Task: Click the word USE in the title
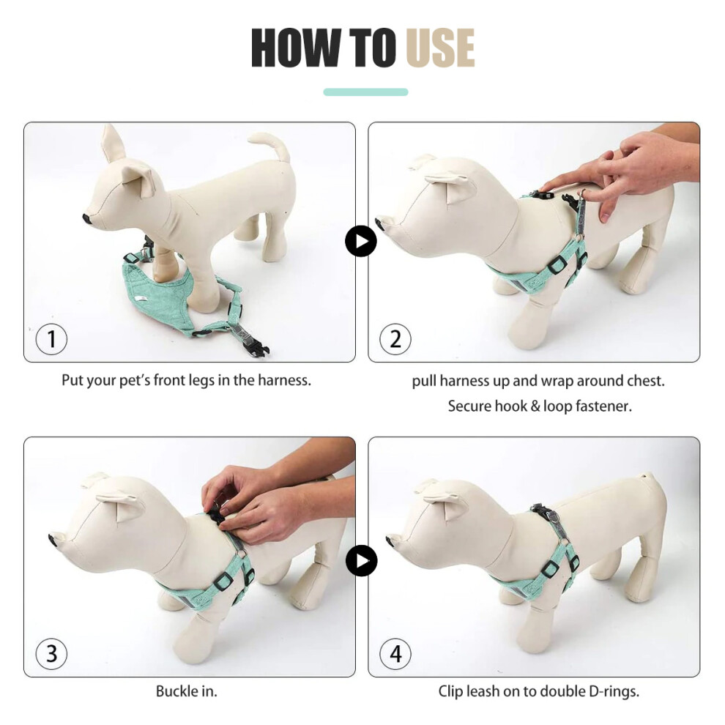pyautogui.click(x=440, y=48)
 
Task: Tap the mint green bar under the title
pyautogui.click(x=365, y=92)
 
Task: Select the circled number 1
pyautogui.click(x=51, y=339)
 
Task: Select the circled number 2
pyautogui.click(x=395, y=339)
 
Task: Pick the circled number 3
pyautogui.click(x=51, y=654)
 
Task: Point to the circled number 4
pyautogui.click(x=395, y=654)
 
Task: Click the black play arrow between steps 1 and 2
pyautogui.click(x=360, y=242)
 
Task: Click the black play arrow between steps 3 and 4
pyautogui.click(x=361, y=560)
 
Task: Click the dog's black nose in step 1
pyautogui.click(x=86, y=219)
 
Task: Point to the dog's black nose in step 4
pyautogui.click(x=390, y=540)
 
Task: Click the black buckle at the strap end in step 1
pyautogui.click(x=259, y=348)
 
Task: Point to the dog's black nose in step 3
pyautogui.click(x=53, y=540)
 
